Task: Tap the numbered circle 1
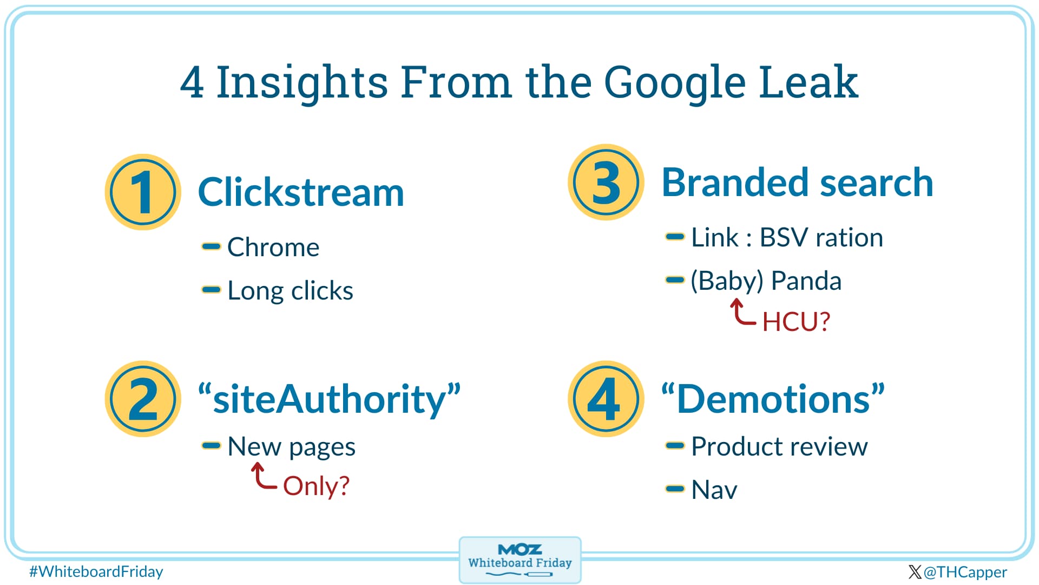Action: point(143,192)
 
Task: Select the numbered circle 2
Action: point(143,399)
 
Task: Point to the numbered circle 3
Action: point(606,182)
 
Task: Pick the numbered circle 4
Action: point(606,399)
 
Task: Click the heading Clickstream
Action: point(301,192)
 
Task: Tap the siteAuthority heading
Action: point(330,399)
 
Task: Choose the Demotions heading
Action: point(773,399)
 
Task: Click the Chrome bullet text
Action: point(273,247)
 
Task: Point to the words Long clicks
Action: point(290,291)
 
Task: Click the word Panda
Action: point(806,281)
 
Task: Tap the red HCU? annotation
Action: point(796,322)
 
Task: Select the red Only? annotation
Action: point(316,486)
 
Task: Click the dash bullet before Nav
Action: point(675,489)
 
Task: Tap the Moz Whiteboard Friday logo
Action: point(520,560)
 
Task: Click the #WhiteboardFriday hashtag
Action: point(96,572)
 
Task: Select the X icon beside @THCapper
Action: point(915,572)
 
